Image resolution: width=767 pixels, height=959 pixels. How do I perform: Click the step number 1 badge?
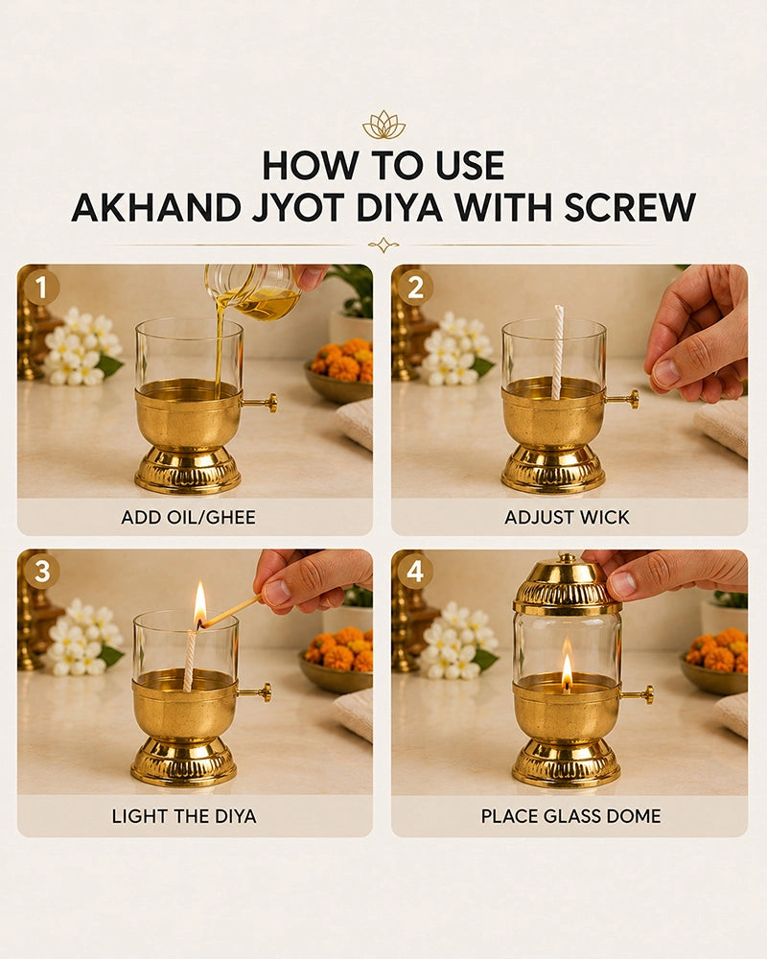(41, 288)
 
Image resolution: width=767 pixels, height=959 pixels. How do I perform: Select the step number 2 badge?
(415, 288)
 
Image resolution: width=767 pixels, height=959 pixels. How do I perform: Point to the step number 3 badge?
(41, 572)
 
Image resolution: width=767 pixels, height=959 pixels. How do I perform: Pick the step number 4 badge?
(415, 572)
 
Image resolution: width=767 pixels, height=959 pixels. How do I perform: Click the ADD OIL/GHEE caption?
(188, 518)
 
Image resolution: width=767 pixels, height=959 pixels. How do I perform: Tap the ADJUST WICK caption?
(567, 518)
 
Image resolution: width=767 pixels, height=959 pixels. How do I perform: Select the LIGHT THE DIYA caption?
(184, 816)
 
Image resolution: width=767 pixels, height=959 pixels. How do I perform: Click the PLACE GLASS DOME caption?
(570, 816)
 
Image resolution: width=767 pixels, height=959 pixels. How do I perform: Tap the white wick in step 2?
(558, 352)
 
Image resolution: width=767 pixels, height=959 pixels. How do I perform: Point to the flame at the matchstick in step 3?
(200, 603)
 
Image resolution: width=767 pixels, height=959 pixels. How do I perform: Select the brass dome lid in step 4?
(567, 584)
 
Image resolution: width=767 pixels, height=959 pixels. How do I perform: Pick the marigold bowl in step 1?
(340, 370)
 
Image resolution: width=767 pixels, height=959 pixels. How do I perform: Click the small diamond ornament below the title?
(383, 246)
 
